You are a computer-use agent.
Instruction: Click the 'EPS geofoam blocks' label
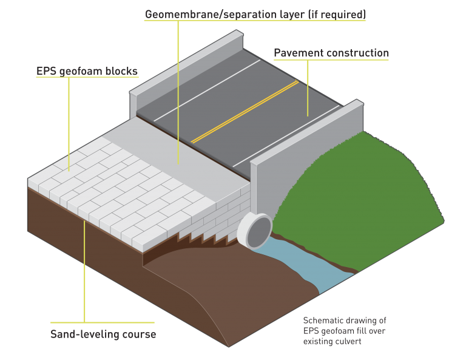tap(87, 72)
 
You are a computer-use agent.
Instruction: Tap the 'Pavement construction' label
tap(331, 53)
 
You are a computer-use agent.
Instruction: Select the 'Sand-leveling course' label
tap(103, 334)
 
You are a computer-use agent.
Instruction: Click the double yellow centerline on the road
tap(245, 112)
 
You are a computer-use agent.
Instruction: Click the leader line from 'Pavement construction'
tap(308, 88)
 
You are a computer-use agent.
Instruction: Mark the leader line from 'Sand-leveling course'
tap(84, 271)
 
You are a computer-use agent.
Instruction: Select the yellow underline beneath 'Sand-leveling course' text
tap(103, 322)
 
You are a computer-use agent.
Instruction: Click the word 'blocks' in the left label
tap(121, 72)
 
